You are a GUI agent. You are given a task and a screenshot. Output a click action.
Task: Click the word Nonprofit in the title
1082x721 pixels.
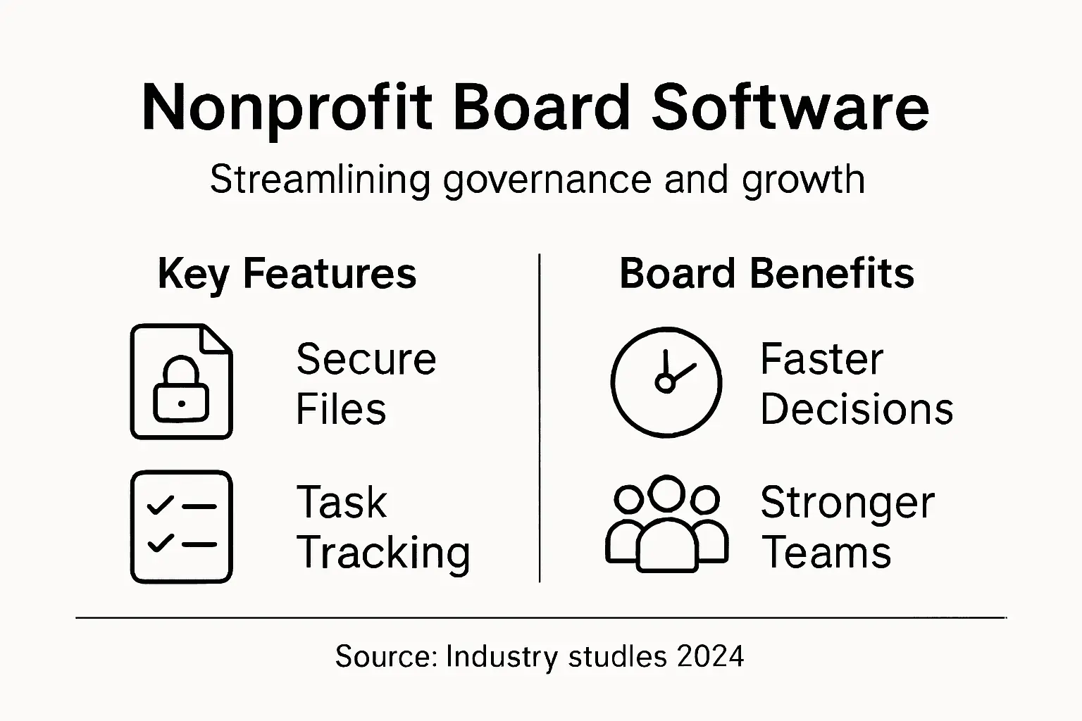[x=286, y=108]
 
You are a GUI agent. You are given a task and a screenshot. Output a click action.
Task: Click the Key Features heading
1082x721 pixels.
[x=287, y=274]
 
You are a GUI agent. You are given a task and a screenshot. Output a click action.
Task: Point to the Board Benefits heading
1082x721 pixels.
[x=766, y=274]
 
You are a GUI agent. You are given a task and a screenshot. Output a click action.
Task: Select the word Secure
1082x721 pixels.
[x=366, y=359]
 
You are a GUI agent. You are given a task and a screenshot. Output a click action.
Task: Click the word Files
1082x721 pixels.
[x=341, y=409]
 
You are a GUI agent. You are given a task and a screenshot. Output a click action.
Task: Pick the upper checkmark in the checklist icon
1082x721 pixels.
[x=160, y=505]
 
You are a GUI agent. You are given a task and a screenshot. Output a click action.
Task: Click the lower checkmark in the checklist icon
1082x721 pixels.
[x=160, y=543]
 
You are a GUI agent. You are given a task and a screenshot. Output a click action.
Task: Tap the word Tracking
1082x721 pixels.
[x=383, y=553]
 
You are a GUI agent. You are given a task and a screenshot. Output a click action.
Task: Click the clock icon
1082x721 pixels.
[x=666, y=382]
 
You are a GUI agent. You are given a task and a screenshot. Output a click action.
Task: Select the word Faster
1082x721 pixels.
[x=821, y=359]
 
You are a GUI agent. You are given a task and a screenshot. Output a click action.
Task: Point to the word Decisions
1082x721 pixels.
[x=857, y=409]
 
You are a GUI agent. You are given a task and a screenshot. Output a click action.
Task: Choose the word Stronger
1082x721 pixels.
[x=847, y=503]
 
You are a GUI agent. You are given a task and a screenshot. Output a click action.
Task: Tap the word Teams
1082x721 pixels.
[x=827, y=553]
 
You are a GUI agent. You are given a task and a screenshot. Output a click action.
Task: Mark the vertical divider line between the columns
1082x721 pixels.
[x=540, y=418]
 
